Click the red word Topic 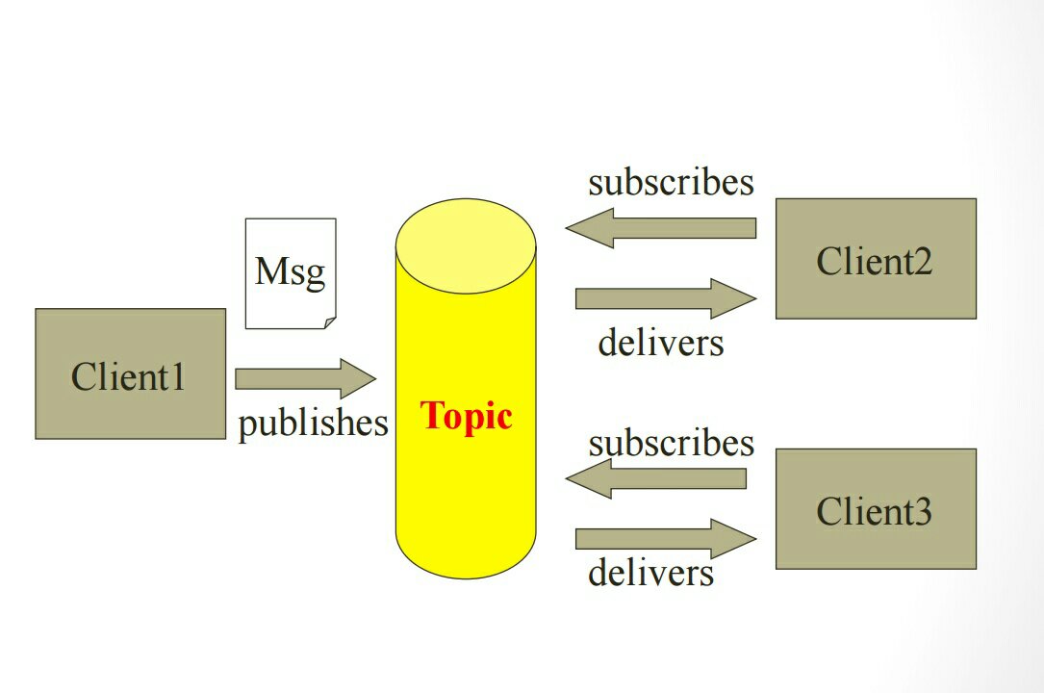[466, 416]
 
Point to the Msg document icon [290, 272]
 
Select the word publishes [313, 423]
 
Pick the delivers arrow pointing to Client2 [665, 298]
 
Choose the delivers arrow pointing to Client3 [665, 538]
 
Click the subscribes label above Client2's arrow [671, 182]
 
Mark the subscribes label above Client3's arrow [671, 444]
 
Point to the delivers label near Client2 [660, 342]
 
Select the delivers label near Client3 [650, 573]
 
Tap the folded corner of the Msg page [329, 322]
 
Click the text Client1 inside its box [128, 376]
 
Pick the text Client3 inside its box [874, 511]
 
